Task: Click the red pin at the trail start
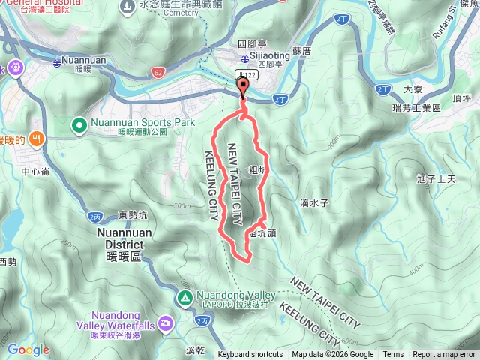[x=243, y=88]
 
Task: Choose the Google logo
[x=28, y=349]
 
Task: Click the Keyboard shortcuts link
[x=250, y=355]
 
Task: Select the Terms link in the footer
[x=393, y=355]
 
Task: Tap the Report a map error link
[x=444, y=355]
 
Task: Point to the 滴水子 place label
[x=315, y=203]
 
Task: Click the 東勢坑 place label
[x=133, y=216]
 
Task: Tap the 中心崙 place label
[x=35, y=172]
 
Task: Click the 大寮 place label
[x=412, y=89]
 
